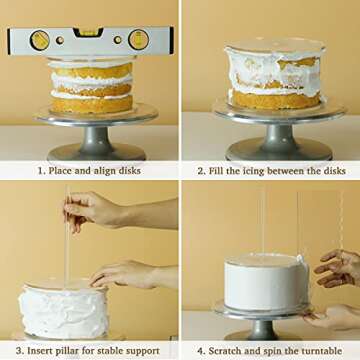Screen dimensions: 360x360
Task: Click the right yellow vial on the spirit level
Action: [138, 40]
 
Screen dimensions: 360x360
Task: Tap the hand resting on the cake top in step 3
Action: [125, 274]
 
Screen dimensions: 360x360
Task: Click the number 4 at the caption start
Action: [201, 350]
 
